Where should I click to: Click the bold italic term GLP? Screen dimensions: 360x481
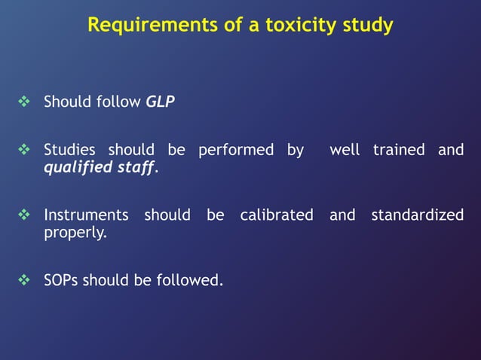click(160, 101)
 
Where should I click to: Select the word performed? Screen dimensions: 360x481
click(235, 150)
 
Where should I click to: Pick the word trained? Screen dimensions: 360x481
click(399, 150)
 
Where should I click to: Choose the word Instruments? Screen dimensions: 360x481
click(86, 215)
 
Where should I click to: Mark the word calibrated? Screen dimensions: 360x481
click(277, 215)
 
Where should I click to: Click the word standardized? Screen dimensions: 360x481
click(417, 215)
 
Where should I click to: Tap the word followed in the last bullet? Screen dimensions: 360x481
click(189, 281)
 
